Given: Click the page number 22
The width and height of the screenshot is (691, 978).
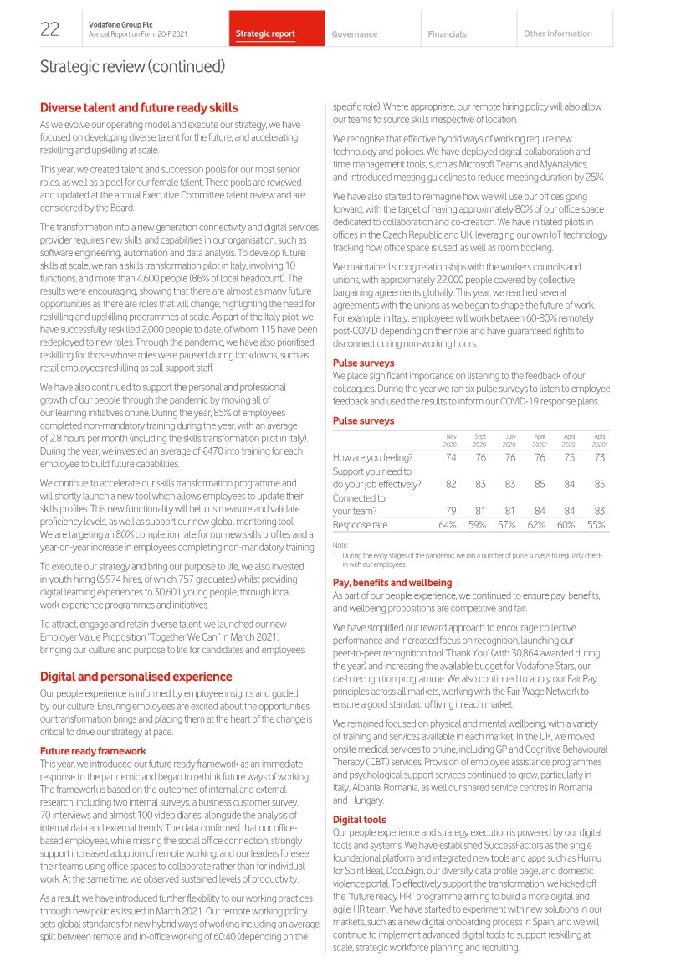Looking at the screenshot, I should pyautogui.click(x=49, y=30).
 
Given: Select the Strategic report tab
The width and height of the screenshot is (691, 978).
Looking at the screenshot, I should pyautogui.click(x=265, y=34).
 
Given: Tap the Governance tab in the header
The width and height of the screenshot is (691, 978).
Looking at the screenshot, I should pyautogui.click(x=355, y=34).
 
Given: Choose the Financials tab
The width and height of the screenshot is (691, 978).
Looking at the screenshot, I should pyautogui.click(x=447, y=34).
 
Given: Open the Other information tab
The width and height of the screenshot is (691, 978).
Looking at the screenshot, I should pyautogui.click(x=557, y=33).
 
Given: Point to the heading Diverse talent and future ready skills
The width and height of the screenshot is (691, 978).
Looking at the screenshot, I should pyautogui.click(x=139, y=107).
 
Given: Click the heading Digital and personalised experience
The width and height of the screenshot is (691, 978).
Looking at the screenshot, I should pyautogui.click(x=136, y=676).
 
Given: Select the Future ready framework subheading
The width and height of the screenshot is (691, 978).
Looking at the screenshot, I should pyautogui.click(x=93, y=751).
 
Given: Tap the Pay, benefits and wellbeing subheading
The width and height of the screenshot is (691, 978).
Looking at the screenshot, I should pyautogui.click(x=392, y=582).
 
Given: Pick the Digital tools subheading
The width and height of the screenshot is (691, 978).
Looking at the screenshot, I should pyautogui.click(x=360, y=819).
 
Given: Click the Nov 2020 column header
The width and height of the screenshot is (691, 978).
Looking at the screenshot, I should pyautogui.click(x=450, y=440).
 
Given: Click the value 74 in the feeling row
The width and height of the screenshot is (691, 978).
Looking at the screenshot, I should pyautogui.click(x=451, y=457).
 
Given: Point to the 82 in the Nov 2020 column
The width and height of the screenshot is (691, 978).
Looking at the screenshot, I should pyautogui.click(x=451, y=484).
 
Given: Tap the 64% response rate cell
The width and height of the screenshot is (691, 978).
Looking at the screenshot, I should pyautogui.click(x=448, y=525).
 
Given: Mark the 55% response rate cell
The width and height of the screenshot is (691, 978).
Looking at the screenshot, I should pyautogui.click(x=596, y=525).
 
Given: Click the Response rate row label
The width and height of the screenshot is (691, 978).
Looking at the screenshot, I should pyautogui.click(x=361, y=525).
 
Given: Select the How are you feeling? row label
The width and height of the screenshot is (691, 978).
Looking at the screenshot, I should pyautogui.click(x=373, y=457).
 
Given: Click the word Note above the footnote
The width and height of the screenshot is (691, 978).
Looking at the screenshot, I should pyautogui.click(x=340, y=545).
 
